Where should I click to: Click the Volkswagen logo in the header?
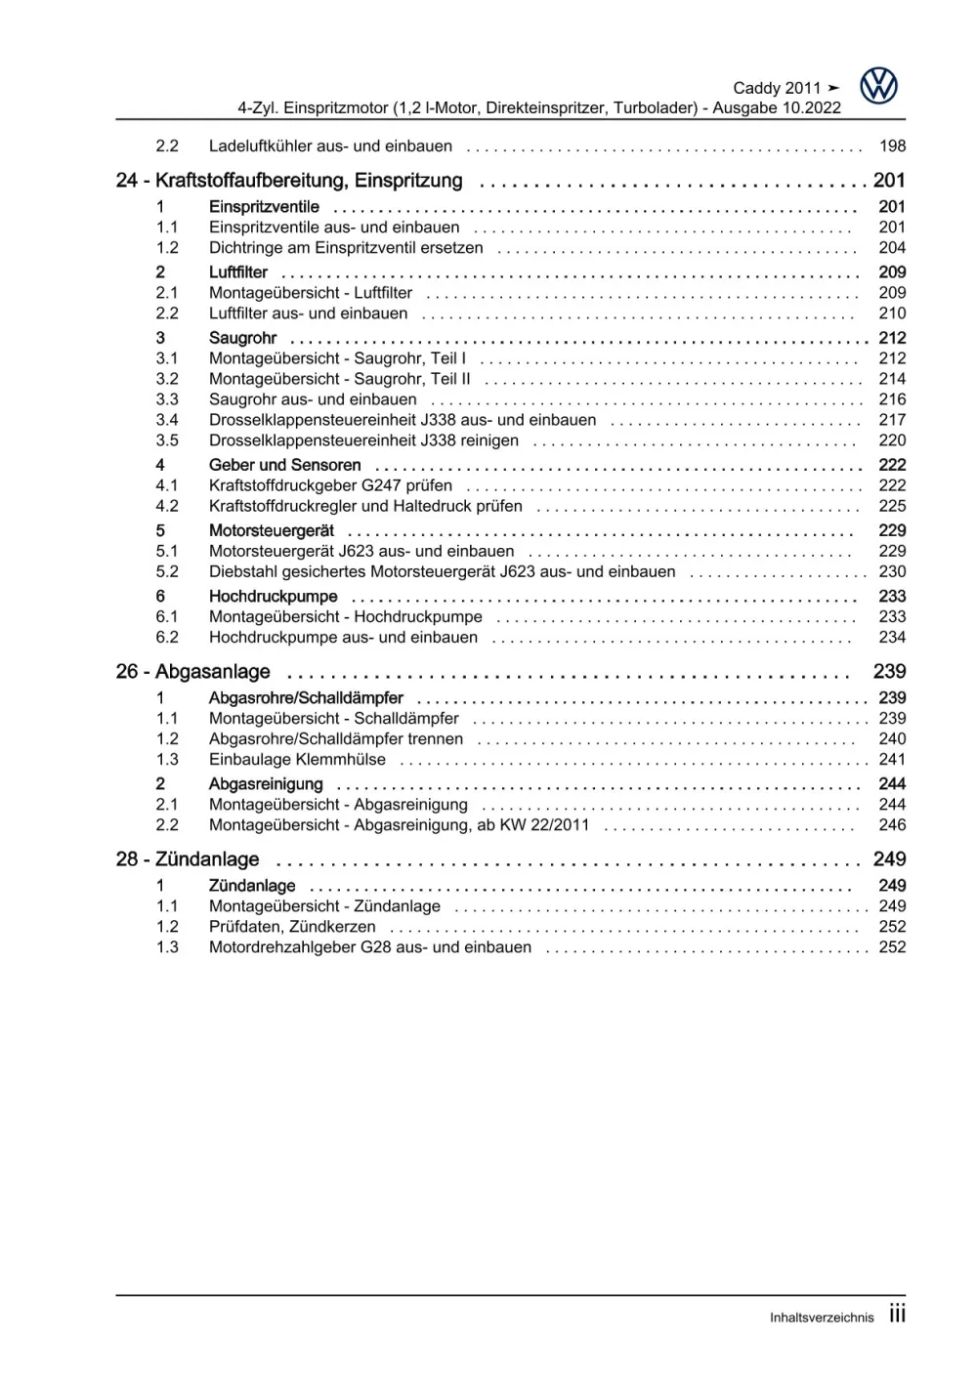tap(878, 86)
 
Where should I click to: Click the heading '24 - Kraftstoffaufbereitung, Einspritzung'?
tap(289, 181)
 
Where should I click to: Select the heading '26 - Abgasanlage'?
tap(192, 672)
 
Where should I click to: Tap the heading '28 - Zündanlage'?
tap(188, 859)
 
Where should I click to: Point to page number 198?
tap(892, 146)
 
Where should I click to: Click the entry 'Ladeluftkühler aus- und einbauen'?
tap(330, 146)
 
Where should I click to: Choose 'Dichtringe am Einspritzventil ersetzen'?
tap(346, 248)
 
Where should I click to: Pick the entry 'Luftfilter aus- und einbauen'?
tap(308, 314)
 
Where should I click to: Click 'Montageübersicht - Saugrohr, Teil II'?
tap(339, 379)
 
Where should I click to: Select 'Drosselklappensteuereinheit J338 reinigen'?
tap(363, 440)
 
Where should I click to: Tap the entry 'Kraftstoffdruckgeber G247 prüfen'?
tap(330, 485)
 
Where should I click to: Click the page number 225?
tap(892, 506)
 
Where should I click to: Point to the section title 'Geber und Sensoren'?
tap(284, 465)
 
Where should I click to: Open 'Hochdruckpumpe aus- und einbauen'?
tap(343, 638)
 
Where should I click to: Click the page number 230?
tap(892, 571)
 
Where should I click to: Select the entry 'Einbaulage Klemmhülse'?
tap(297, 760)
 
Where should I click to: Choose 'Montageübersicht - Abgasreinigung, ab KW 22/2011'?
tap(399, 825)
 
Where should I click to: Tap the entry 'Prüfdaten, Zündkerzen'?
tap(292, 927)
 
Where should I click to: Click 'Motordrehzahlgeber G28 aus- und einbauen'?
tap(370, 947)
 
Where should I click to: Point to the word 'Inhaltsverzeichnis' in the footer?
tap(822, 1317)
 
